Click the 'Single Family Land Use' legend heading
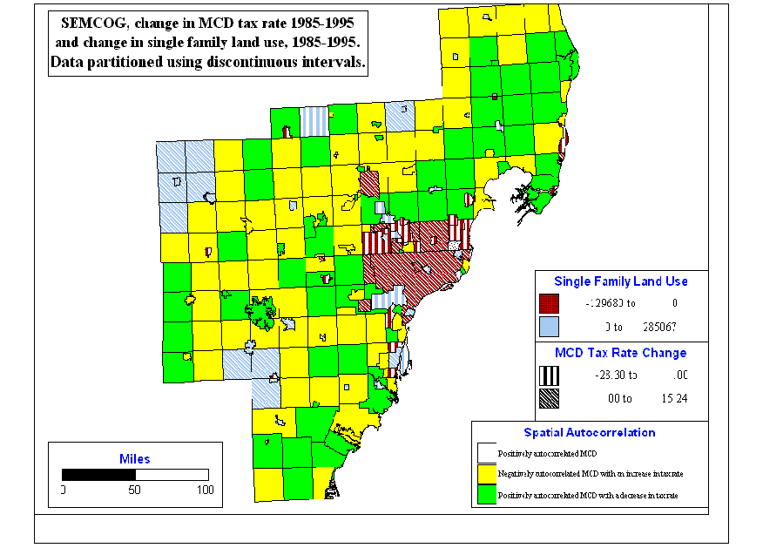(621, 281)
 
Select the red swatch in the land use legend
(548, 303)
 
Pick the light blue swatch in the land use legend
(548, 326)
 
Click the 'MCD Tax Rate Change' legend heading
(620, 353)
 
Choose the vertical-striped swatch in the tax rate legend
(548, 375)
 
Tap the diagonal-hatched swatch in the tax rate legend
(548, 398)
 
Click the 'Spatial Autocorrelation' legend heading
(590, 432)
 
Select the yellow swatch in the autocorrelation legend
(486, 474)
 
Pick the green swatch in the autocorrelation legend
(486, 495)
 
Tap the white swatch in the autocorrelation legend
(486, 453)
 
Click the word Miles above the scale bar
(134, 458)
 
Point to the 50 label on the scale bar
(135, 490)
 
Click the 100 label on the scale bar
(205, 490)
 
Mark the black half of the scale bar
(98, 474)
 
